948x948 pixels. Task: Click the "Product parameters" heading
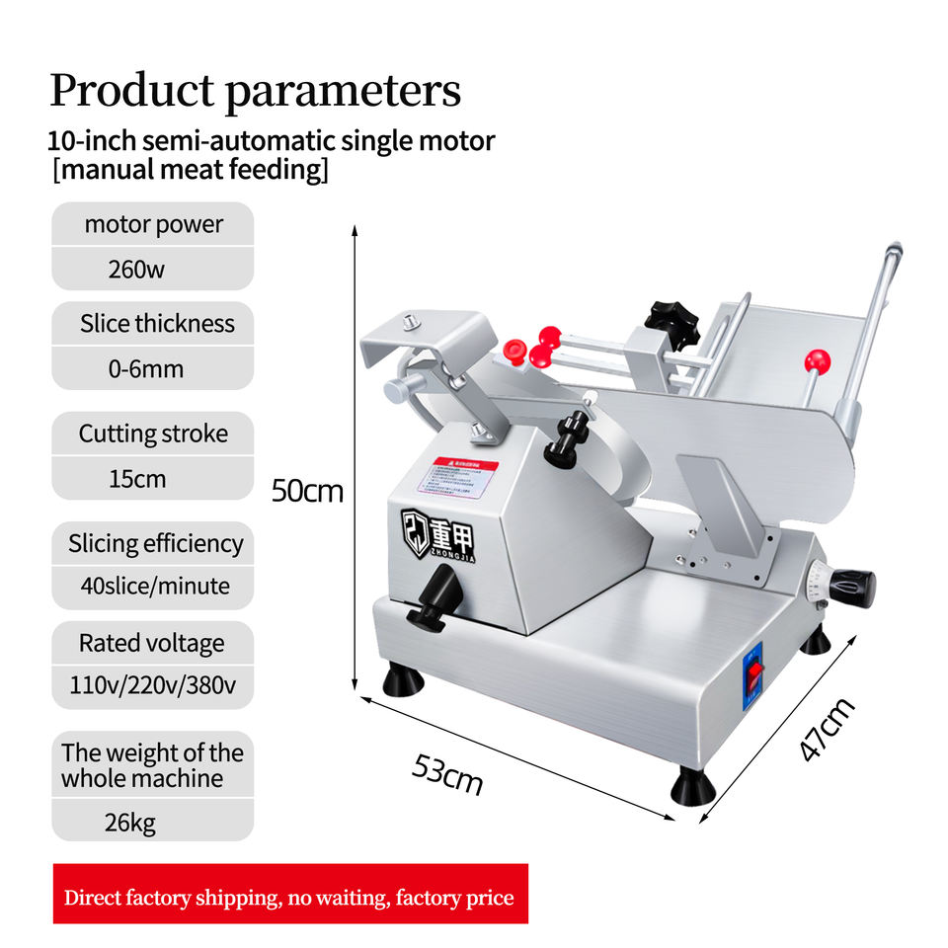(x=255, y=91)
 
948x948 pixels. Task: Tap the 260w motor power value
(x=136, y=269)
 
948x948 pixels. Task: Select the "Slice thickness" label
(x=157, y=323)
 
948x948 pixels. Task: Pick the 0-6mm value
(x=146, y=370)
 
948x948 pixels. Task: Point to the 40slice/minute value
(x=155, y=586)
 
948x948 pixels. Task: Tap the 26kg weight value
(x=129, y=822)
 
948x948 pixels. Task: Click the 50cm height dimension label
(x=307, y=491)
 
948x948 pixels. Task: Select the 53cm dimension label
(x=447, y=774)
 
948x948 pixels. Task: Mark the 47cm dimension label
(x=826, y=729)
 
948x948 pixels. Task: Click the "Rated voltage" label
(x=151, y=643)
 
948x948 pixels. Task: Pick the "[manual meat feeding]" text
(x=190, y=170)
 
